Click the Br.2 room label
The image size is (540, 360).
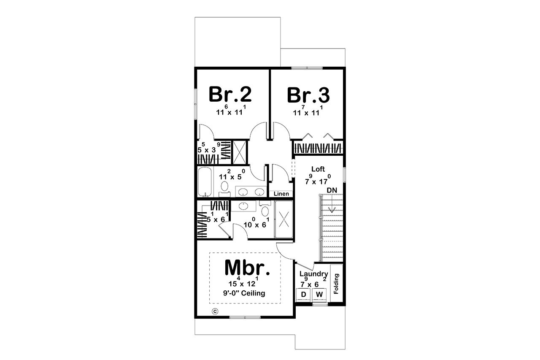pos(230,95)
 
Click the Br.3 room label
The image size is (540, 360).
pos(308,95)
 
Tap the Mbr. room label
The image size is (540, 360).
pos(246,267)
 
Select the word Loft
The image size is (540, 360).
pos(318,169)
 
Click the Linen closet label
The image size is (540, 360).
pos(281,194)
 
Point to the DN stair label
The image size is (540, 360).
pos(332,190)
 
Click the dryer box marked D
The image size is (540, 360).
pos(303,294)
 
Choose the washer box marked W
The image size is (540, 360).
pos(319,294)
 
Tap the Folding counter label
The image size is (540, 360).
pos(336,284)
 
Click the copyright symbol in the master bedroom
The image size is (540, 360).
pos(214,311)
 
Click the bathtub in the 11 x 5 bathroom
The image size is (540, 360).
pos(206,181)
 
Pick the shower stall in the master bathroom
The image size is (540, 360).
pos(283,219)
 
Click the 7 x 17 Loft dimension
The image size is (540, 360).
pos(318,179)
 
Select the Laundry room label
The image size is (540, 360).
pos(314,274)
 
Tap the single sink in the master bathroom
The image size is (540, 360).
pos(243,206)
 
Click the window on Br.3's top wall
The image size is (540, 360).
pos(307,68)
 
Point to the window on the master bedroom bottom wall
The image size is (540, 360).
pos(245,317)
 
